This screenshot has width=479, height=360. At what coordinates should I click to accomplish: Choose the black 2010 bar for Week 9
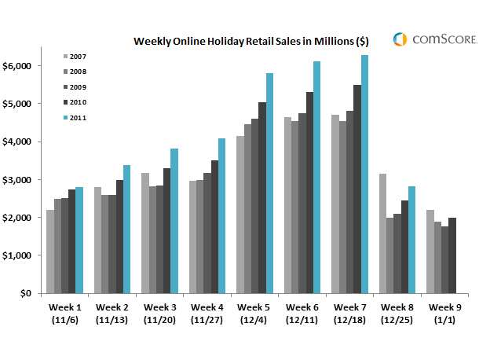[452, 255]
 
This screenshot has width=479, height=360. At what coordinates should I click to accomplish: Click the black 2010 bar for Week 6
[309, 193]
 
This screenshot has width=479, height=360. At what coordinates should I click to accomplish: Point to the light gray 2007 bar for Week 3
[145, 233]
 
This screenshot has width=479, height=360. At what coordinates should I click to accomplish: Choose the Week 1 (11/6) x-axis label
[65, 314]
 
